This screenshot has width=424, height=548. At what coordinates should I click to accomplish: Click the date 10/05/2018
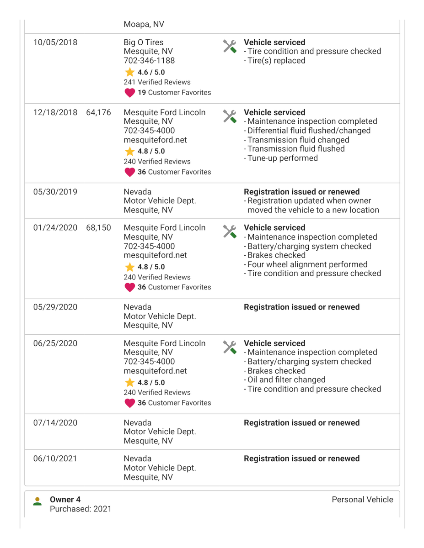55,43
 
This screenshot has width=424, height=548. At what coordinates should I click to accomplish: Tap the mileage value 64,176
98,113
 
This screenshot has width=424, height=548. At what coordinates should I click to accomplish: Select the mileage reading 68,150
98,228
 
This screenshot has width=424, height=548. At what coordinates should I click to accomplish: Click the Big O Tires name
144,43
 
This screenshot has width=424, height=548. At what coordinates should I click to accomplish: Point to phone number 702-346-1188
149,61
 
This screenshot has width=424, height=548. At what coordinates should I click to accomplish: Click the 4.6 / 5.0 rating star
130,72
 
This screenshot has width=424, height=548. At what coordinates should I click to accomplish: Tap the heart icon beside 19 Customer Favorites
129,93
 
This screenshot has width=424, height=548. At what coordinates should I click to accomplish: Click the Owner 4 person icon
38,501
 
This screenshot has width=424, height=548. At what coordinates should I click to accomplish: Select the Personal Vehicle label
362,500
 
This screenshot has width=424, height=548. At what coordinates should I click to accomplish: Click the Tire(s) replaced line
275,61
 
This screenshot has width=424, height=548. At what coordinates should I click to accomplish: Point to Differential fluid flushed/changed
307,131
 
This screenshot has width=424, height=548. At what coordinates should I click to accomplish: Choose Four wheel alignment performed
306,264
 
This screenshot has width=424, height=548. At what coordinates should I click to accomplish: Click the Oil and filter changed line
285,380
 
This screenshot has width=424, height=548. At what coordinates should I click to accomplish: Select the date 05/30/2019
55,192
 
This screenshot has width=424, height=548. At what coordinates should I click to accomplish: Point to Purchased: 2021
81,509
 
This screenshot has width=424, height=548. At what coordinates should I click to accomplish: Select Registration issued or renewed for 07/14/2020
302,423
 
